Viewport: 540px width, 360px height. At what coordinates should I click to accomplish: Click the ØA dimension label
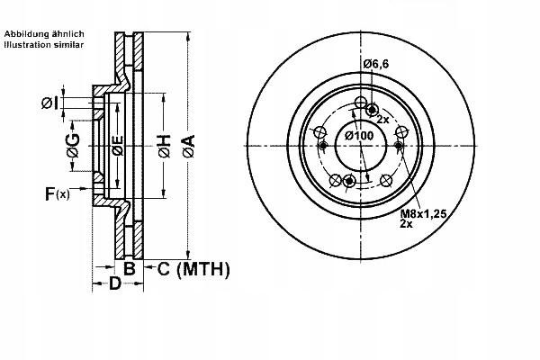coord(189,147)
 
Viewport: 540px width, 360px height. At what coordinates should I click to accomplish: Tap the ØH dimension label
coord(165,147)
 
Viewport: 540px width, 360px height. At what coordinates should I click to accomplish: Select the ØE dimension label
coord(118,146)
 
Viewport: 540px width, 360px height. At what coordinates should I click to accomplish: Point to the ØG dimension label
coord(74,146)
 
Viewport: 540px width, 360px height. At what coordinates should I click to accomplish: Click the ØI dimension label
coord(49,103)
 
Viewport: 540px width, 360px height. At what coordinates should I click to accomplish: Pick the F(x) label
coord(58,193)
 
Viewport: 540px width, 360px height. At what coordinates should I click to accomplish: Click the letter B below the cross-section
coord(129,268)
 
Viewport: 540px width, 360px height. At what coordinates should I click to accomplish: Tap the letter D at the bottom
coord(115,283)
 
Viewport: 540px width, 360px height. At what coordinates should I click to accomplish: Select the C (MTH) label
coord(193,269)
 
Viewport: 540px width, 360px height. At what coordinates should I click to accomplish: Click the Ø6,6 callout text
coord(376,64)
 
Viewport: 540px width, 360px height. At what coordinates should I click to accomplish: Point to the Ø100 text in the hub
coord(359,136)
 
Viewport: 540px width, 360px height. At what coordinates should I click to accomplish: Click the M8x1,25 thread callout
coord(423,214)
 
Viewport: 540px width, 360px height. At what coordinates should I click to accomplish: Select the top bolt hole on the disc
coord(361,103)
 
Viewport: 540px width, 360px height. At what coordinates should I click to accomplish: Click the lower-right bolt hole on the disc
coord(385,180)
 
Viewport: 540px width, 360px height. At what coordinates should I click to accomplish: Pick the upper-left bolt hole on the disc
coord(320,132)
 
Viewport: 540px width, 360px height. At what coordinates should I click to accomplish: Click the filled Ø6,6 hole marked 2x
coord(372,110)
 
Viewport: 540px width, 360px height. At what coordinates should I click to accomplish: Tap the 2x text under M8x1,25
coord(407,224)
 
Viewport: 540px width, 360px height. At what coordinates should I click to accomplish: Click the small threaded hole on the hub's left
coord(323,146)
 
